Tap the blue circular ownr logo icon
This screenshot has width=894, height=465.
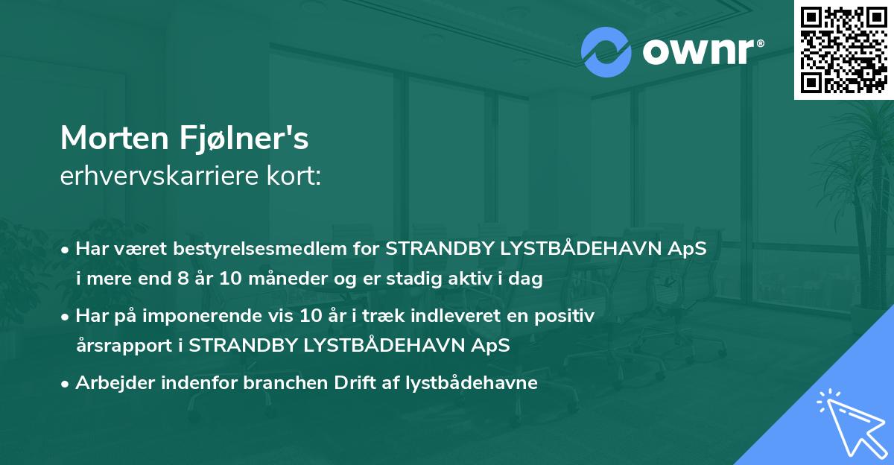[606, 52]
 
